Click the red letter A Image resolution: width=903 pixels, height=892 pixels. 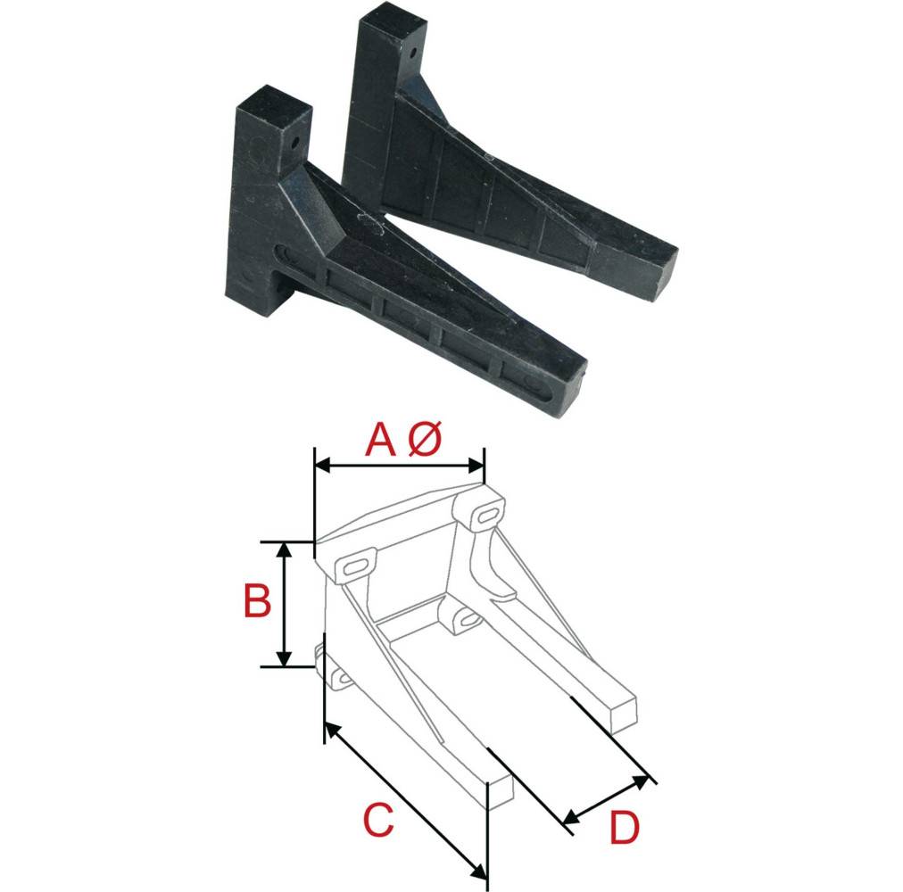pyautogui.click(x=380, y=441)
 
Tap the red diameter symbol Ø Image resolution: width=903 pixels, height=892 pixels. pyautogui.click(x=425, y=441)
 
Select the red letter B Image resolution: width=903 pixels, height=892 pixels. pyautogui.click(x=257, y=602)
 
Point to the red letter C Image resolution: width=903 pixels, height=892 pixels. pyautogui.click(x=378, y=821)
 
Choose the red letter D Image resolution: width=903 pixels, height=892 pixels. pyautogui.click(x=625, y=830)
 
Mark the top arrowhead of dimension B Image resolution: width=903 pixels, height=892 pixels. pyautogui.click(x=284, y=549)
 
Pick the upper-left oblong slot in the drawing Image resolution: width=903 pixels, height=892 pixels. pyautogui.click(x=354, y=566)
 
